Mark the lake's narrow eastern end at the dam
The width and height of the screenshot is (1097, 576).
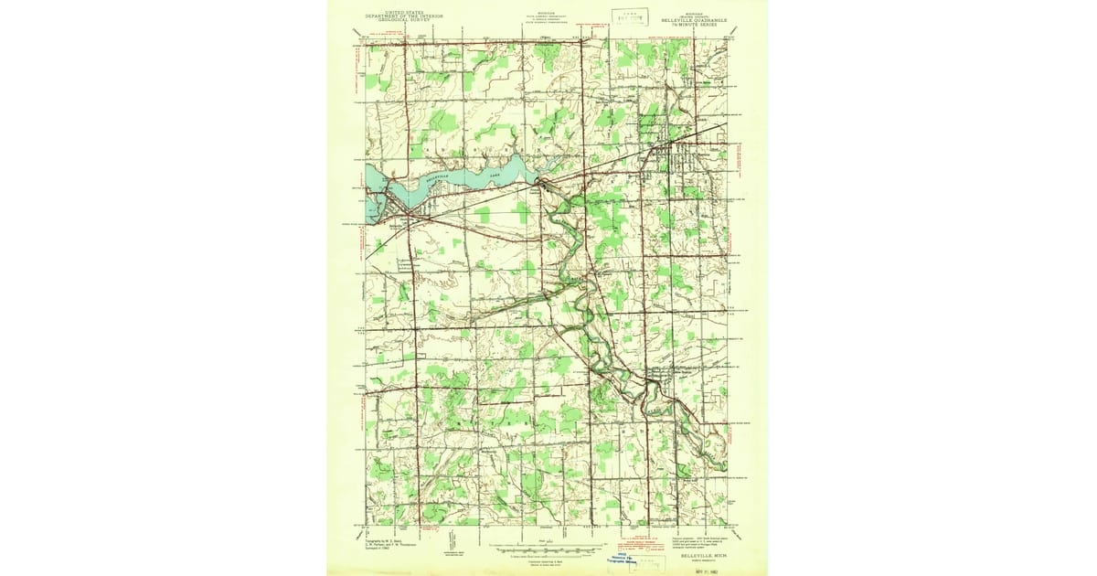pyautogui.click(x=538, y=179)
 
